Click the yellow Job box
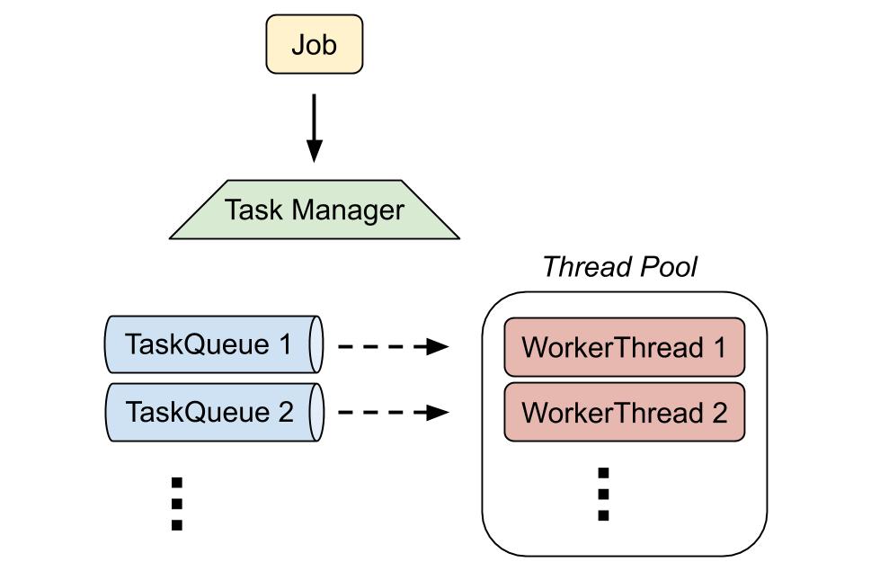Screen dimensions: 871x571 pyautogui.click(x=315, y=44)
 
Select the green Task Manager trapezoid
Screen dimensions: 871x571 pyautogui.click(x=315, y=210)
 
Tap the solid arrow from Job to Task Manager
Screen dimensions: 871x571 pyautogui.click(x=315, y=128)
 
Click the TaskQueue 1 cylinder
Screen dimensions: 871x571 pyautogui.click(x=215, y=344)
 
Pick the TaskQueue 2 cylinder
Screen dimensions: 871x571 pyautogui.click(x=215, y=412)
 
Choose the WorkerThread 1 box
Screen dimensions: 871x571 pyautogui.click(x=625, y=347)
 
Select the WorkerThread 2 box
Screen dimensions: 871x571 pyautogui.click(x=625, y=412)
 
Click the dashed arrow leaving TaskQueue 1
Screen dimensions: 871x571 pyautogui.click(x=394, y=346)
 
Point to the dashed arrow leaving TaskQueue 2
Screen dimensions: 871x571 pyautogui.click(x=394, y=412)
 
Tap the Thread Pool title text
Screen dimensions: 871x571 pyautogui.click(x=619, y=266)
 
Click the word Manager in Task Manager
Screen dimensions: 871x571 pyautogui.click(x=348, y=210)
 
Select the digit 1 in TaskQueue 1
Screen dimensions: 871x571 pyautogui.click(x=286, y=344)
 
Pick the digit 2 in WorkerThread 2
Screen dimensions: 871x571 pyautogui.click(x=719, y=413)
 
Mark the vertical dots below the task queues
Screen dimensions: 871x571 pyautogui.click(x=177, y=504)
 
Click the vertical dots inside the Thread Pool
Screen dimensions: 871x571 pyautogui.click(x=603, y=494)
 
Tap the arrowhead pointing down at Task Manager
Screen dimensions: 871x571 pyautogui.click(x=315, y=151)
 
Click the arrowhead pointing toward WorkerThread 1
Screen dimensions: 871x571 pyautogui.click(x=438, y=346)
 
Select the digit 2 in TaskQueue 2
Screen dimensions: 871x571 pyautogui.click(x=286, y=412)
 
